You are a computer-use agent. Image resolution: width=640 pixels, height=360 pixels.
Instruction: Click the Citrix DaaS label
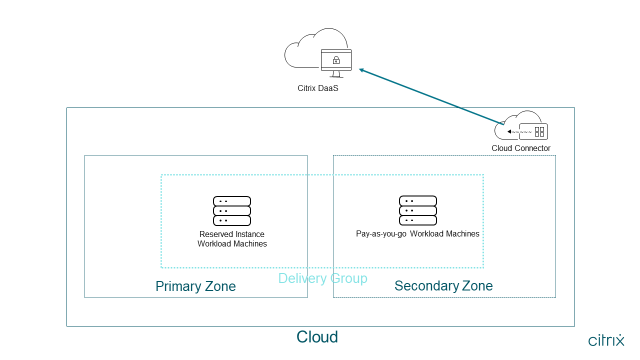[318, 88]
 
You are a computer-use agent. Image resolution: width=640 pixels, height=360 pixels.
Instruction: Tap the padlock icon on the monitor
[336, 61]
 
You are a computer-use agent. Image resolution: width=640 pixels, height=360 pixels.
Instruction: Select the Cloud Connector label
[520, 148]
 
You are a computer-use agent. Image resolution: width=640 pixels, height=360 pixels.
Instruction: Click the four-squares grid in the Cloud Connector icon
[539, 131]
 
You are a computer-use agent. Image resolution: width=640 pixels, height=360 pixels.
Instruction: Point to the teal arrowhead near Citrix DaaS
[361, 70]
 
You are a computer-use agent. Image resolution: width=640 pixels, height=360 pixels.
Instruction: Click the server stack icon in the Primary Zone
[232, 211]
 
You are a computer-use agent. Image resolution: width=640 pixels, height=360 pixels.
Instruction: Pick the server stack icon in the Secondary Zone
[418, 210]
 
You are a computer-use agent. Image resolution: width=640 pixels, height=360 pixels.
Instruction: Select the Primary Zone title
[195, 286]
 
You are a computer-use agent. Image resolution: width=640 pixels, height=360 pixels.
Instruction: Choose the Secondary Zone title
[443, 286]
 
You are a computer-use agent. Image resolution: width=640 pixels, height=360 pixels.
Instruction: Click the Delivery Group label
[322, 278]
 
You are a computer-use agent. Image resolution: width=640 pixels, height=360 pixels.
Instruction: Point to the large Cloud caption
[317, 337]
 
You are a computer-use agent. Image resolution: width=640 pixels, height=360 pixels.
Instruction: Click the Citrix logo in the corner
[606, 340]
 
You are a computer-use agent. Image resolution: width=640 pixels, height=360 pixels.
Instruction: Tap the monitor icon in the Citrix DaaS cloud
[336, 62]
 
